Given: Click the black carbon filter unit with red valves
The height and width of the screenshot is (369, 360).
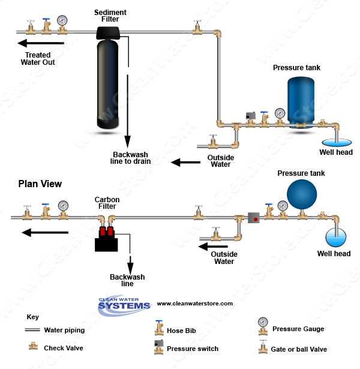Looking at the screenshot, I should pos(106,239).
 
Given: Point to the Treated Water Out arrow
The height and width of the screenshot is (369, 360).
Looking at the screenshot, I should pos(41,43).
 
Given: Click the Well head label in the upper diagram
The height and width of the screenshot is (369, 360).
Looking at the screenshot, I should pos(335,152).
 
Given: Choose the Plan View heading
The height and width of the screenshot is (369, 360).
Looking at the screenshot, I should pos(40,184).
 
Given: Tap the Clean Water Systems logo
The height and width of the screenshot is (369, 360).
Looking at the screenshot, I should pos(124,304).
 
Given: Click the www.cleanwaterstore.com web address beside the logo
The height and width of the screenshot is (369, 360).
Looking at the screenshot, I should pos(194,304).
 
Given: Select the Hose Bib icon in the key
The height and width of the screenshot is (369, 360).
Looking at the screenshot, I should pos(159,328).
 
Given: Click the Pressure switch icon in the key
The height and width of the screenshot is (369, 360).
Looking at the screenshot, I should pos(158,347).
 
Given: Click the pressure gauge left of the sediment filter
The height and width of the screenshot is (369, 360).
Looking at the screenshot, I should pos(62,21).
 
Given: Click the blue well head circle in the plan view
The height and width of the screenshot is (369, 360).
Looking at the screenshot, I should pos(336,238).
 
